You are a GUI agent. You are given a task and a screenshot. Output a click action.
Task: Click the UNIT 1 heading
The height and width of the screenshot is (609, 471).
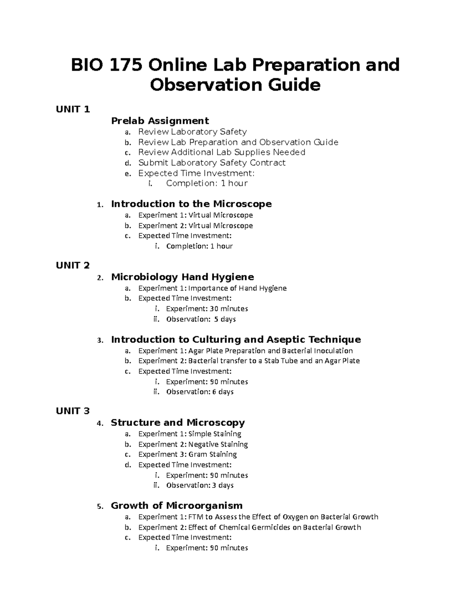[x=73, y=109]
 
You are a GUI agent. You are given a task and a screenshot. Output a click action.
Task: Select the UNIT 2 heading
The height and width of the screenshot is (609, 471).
[x=73, y=265]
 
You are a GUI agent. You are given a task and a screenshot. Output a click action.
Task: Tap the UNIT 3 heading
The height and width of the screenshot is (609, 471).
[x=73, y=411]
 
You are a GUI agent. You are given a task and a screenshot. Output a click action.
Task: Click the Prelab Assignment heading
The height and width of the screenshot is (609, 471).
[x=160, y=121]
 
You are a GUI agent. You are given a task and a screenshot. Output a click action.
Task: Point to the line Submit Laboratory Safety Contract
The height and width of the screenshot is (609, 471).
[x=212, y=163]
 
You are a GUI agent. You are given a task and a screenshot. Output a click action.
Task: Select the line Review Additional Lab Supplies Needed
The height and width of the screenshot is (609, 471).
[x=221, y=152]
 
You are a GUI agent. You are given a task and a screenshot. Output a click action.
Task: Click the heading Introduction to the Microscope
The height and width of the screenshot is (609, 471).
[x=191, y=204]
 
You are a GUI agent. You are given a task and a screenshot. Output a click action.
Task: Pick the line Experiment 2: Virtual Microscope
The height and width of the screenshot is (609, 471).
[x=195, y=225]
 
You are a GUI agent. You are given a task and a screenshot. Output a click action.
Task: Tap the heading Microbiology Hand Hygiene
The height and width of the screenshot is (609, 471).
[x=183, y=277]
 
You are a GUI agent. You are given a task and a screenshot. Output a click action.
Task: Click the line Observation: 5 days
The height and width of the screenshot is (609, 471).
[x=201, y=319]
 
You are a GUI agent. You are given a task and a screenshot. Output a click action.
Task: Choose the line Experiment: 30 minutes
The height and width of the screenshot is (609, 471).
[x=207, y=309]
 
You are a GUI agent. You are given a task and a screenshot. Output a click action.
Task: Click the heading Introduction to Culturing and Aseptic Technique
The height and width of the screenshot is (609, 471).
[x=236, y=340]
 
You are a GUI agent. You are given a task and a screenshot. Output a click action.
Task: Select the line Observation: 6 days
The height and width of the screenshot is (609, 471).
[x=199, y=392]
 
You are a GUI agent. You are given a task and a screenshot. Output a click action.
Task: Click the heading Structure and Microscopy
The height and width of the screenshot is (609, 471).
[x=177, y=423]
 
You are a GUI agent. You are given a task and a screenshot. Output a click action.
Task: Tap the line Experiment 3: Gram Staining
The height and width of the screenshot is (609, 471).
[x=187, y=454]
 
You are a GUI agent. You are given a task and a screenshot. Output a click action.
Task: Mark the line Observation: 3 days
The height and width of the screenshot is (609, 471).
[x=199, y=485]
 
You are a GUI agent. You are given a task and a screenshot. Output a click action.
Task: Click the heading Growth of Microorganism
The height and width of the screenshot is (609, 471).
[x=177, y=505]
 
